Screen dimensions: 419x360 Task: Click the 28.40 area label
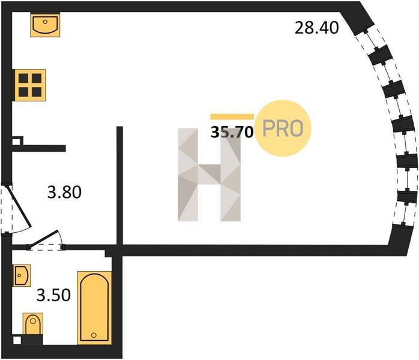(317, 28)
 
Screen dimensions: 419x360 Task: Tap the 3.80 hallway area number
(64, 192)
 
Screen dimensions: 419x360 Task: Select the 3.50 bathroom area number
(53, 295)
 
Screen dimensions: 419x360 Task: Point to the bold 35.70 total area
(232, 132)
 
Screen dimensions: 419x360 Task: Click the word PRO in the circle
(283, 128)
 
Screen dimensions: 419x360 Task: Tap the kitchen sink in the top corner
(45, 25)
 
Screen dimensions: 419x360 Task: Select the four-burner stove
(30, 85)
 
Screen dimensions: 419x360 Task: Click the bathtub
(94, 308)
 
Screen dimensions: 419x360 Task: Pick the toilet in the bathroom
(33, 324)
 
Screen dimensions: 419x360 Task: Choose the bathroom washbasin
(22, 275)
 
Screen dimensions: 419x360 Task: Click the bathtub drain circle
(94, 335)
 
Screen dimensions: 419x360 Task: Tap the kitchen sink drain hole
(45, 22)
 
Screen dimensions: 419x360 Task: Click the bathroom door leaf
(44, 238)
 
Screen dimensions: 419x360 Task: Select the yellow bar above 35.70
(232, 117)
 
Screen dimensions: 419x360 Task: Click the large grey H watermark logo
(209, 175)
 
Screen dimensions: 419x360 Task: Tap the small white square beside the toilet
(17, 341)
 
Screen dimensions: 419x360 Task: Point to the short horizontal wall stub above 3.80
(39, 148)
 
